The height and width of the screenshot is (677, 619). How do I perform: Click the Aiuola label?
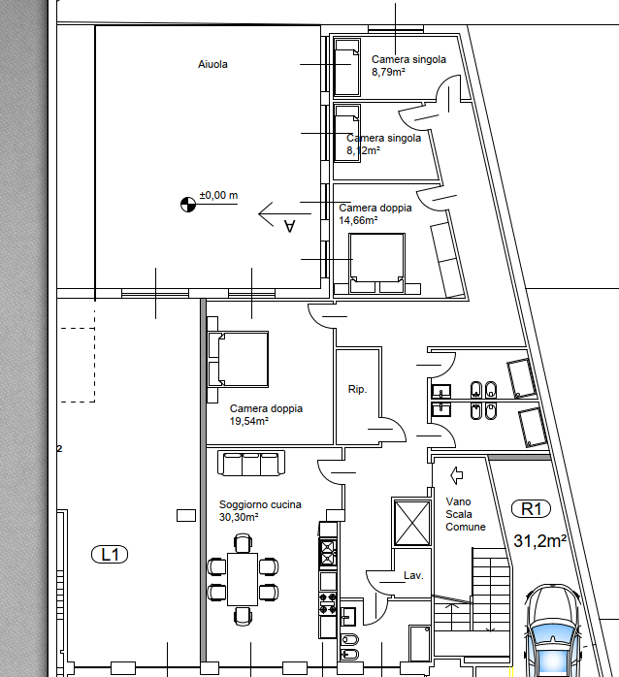pos(212,64)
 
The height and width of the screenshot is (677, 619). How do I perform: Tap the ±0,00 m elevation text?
pos(218,195)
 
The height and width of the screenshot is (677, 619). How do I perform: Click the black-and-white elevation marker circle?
pos(188,205)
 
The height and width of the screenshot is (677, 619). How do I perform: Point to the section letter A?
pos(289,226)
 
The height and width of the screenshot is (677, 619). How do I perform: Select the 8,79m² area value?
pos(388,72)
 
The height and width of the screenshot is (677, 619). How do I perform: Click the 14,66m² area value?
pos(358,220)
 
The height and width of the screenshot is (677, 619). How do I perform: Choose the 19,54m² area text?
pos(249,421)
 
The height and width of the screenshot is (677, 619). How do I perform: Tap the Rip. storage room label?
pos(357,389)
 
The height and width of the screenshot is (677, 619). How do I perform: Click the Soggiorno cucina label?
pos(260,504)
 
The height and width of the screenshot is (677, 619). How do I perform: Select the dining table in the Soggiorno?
pos(243,579)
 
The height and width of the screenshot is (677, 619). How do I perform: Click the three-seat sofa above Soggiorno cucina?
pos(251,463)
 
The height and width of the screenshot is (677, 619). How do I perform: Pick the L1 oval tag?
pos(110,555)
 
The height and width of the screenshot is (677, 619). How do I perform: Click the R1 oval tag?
pos(531,508)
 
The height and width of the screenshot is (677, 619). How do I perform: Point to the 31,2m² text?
pos(540,540)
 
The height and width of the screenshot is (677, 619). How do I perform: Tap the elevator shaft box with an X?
pos(412,523)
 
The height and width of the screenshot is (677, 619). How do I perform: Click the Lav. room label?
pos(413,575)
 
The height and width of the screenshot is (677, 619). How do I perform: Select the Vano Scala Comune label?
pos(466,514)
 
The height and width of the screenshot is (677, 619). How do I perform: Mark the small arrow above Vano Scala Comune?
pos(457,475)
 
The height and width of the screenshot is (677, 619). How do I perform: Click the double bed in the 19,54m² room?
pos(238,359)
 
